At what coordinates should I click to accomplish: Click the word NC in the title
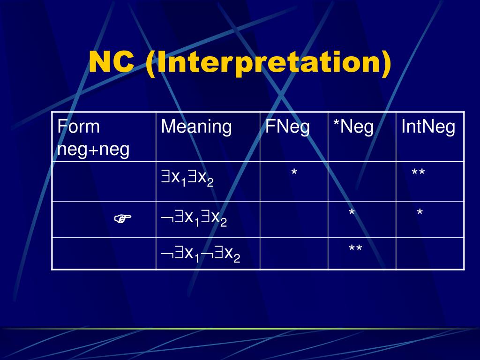click(111, 62)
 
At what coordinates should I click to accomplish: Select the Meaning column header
click(196, 127)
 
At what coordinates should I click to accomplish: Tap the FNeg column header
click(287, 127)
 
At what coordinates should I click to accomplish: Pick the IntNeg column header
click(428, 127)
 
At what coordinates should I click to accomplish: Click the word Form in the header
click(78, 127)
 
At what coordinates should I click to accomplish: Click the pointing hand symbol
click(123, 218)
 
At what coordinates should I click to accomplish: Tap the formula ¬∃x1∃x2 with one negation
click(194, 218)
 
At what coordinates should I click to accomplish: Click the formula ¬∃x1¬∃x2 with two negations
click(201, 254)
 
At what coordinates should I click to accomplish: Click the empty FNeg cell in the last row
click(293, 254)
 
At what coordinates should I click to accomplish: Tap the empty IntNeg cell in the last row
click(430, 254)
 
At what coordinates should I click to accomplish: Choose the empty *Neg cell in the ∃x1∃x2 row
click(361, 181)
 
